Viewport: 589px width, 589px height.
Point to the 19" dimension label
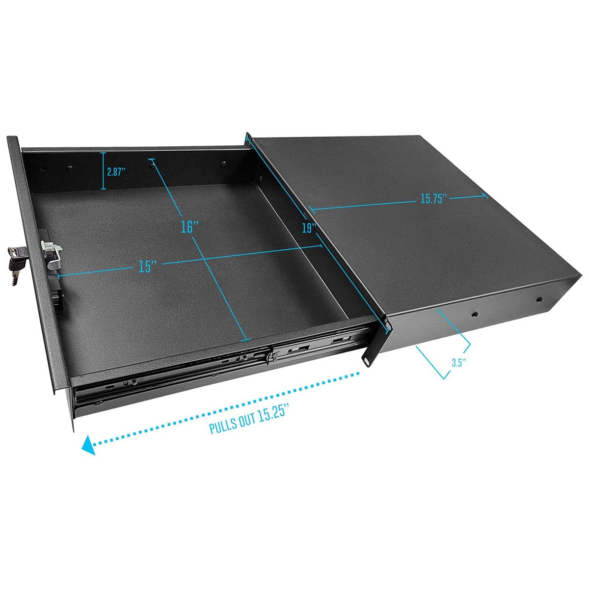309,228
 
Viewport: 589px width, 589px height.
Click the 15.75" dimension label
434,199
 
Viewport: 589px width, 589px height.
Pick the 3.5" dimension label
458,363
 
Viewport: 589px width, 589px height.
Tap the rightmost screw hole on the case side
539,299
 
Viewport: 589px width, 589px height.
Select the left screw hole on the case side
475,314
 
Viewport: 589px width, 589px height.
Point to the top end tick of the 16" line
152,161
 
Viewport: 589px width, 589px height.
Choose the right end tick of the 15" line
321,246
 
